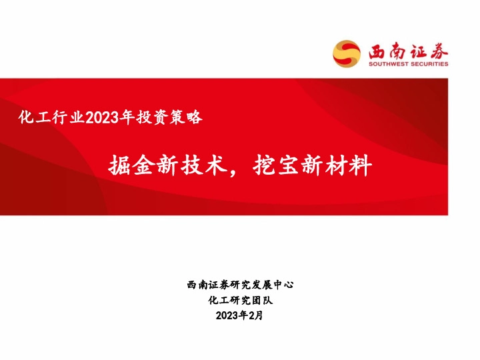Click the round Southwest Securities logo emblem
pos(347,53)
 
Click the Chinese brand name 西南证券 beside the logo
pos(405,50)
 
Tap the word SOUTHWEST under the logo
pos(388,64)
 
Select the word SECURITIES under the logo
pos(429,64)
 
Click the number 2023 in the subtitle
pos(101,118)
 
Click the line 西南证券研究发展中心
pos(240,285)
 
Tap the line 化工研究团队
pos(240,300)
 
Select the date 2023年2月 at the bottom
pos(240,315)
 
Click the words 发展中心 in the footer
pos(273,285)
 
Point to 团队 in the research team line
pos(262,300)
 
